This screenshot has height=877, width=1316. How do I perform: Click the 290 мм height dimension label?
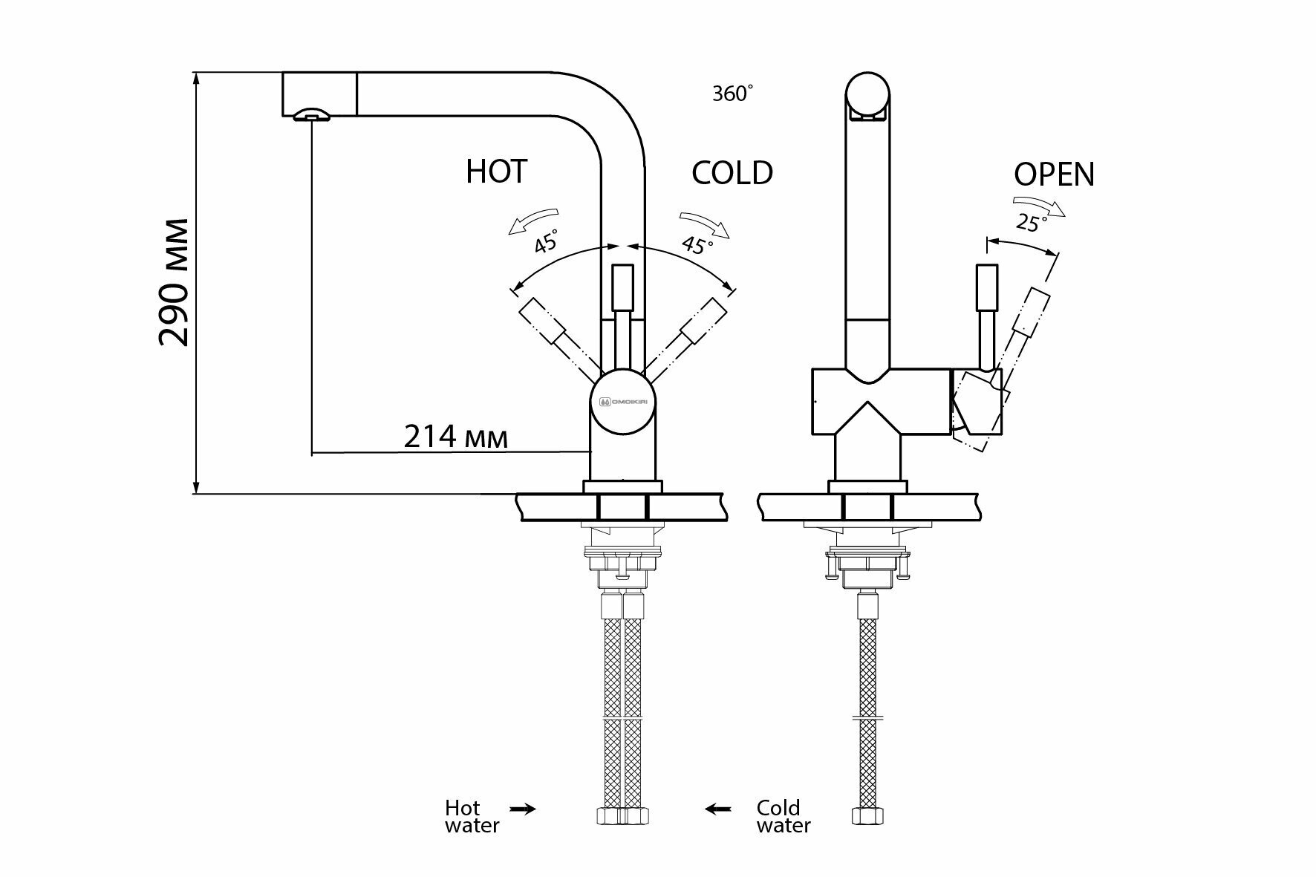pos(175,282)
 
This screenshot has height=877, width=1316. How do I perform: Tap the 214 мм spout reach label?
pos(456,437)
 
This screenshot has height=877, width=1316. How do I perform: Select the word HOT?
pos(497,172)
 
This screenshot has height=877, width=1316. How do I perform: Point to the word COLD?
pos(732,173)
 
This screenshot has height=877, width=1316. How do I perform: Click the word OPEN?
pos(1054,175)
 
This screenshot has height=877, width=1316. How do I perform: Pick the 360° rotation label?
pos(732,94)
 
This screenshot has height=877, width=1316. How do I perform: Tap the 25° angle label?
pos(1030,222)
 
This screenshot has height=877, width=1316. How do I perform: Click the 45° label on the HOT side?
pos(546,242)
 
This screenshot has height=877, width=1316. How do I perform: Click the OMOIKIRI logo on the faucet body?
pos(623,401)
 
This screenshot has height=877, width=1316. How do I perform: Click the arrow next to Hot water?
pos(523,809)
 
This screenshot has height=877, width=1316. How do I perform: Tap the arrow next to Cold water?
pos(718,809)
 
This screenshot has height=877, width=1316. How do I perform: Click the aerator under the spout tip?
pos(311,114)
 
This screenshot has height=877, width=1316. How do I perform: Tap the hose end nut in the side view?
pos(867,816)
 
